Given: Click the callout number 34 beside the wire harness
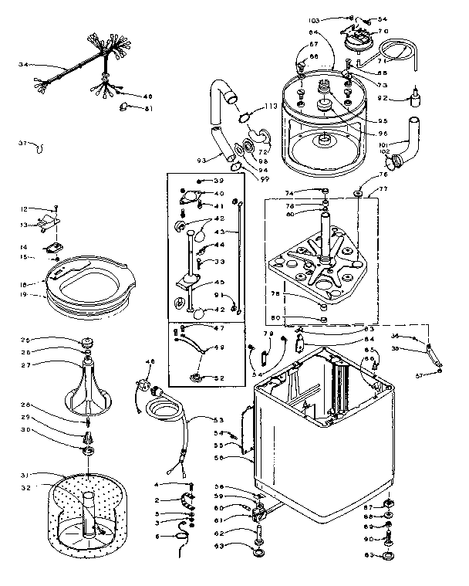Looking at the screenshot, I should tap(23, 65).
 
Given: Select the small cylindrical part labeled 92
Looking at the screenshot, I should tap(418, 98).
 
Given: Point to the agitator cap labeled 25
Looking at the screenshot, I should tap(86, 342).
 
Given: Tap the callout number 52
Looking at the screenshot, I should tap(218, 378).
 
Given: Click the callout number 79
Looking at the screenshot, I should tap(269, 334).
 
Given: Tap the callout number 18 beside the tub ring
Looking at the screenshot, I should tap(23, 284).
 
